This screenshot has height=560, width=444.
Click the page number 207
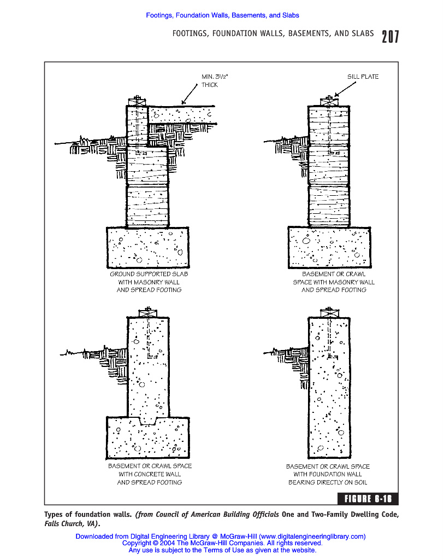click(x=390, y=37)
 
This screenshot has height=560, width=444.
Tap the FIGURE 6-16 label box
click(x=368, y=498)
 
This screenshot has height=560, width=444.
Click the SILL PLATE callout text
click(x=363, y=77)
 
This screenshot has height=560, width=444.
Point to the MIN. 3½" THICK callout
click(x=211, y=81)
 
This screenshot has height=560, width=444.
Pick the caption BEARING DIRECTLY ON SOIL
click(x=328, y=482)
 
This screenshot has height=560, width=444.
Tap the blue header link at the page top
click(x=222, y=15)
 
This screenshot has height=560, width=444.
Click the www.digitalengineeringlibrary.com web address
click(x=312, y=536)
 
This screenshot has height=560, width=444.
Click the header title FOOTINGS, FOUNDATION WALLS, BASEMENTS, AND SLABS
click(x=273, y=34)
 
